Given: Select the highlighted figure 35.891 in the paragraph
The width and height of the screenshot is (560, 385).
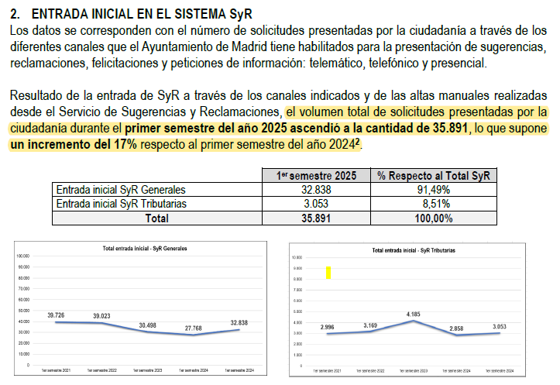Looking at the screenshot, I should [448, 128].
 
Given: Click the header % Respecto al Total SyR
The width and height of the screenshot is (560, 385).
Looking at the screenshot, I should [434, 176].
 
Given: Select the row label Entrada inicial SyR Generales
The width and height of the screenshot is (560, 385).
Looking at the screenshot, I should [121, 190].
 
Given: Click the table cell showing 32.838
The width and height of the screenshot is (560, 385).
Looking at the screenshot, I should [316, 190].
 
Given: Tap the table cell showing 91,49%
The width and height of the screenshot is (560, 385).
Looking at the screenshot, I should [434, 190].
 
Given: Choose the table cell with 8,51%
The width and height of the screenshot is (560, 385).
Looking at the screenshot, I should [434, 204].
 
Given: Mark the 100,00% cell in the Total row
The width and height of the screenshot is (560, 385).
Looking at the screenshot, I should [434, 218].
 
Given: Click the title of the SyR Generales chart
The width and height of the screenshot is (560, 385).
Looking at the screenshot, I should [145, 249].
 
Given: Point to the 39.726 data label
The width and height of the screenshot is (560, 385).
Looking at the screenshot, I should [56, 315].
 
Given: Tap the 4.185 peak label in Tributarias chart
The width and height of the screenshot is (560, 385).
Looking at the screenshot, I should [412, 315].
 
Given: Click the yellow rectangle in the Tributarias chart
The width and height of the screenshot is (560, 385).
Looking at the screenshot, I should [328, 272].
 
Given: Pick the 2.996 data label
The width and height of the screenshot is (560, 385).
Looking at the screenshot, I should [326, 328].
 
